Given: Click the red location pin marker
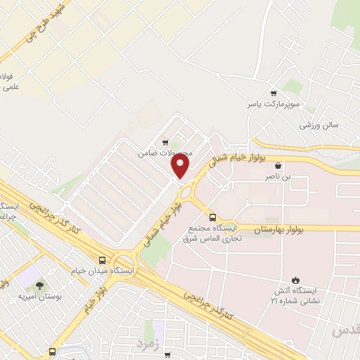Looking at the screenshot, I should tap(181, 165).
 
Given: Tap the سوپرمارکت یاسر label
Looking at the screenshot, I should tap(268, 104).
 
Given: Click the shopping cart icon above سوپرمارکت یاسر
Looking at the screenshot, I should tap(274, 93).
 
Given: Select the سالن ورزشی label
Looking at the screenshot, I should tap(319, 125).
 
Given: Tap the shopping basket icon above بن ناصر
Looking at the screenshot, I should tap(288, 167).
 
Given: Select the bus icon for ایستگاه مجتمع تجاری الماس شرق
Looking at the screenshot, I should tap(212, 217).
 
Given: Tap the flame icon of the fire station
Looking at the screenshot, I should tap(293, 279).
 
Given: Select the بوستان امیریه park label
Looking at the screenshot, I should tap(40, 297).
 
